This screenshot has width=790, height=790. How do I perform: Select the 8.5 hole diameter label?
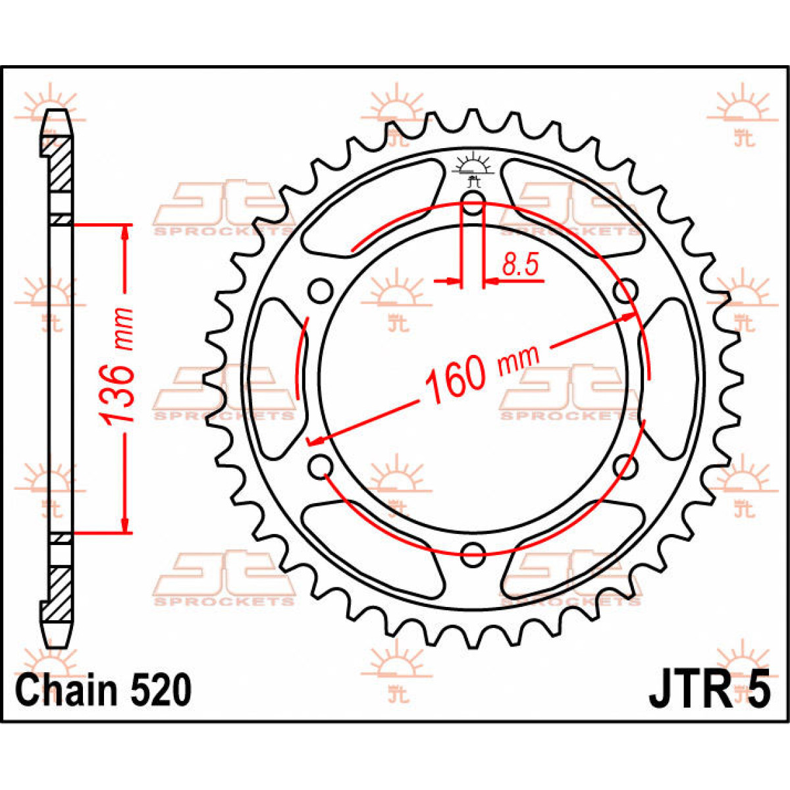point(520,265)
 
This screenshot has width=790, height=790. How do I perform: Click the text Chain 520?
point(104,690)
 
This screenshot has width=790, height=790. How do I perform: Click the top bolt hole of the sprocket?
point(473,204)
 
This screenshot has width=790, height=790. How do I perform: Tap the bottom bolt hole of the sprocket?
point(473,554)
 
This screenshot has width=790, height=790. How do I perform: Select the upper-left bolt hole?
point(321,290)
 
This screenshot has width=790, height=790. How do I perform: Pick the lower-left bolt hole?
point(321,467)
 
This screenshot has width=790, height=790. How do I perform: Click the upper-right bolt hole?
point(625,290)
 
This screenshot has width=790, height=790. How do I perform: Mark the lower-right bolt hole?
point(625,467)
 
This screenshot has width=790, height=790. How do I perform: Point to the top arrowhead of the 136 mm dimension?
point(124,230)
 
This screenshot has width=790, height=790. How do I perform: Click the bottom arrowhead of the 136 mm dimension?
point(124,525)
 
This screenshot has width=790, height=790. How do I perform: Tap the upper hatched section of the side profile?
point(60,165)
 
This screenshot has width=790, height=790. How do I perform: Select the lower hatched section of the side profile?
point(60,592)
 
